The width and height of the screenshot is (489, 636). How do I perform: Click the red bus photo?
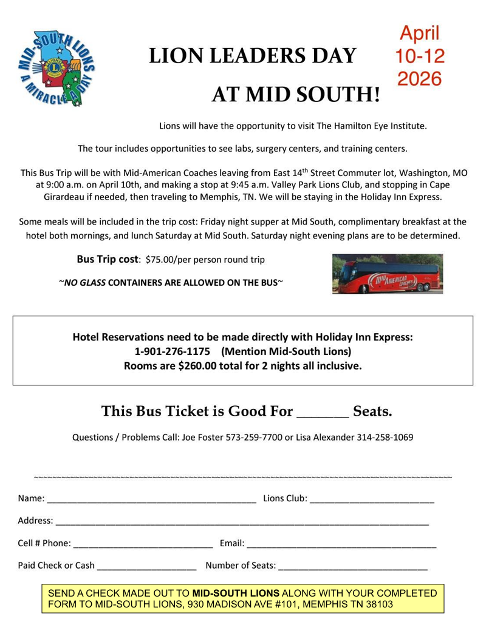[387, 274]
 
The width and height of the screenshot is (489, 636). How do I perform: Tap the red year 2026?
[419, 78]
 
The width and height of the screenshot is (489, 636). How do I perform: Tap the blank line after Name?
[151, 501]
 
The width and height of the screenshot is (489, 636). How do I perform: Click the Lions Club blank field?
[372, 501]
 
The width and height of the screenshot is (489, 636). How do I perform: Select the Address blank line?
[242, 523]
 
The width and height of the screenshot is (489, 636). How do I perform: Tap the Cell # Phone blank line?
[142, 544]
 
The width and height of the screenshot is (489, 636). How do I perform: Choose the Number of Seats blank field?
[353, 567]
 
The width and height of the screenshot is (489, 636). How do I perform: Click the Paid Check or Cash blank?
[146, 567]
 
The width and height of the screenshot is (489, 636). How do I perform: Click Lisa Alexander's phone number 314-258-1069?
[385, 437]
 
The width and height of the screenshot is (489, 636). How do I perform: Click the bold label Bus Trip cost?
[107, 259]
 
